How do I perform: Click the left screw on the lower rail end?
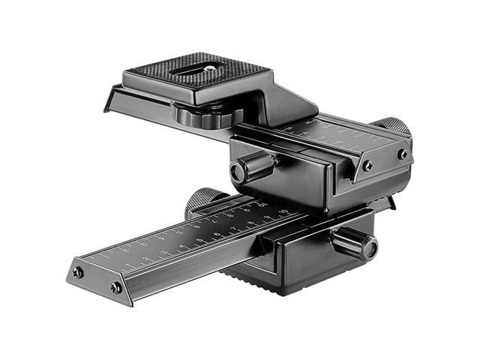(77, 272)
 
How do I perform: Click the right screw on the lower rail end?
(115, 287)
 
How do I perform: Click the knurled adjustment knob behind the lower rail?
(200, 200)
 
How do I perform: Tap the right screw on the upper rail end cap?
(403, 154)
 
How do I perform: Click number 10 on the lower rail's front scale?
(283, 213)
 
